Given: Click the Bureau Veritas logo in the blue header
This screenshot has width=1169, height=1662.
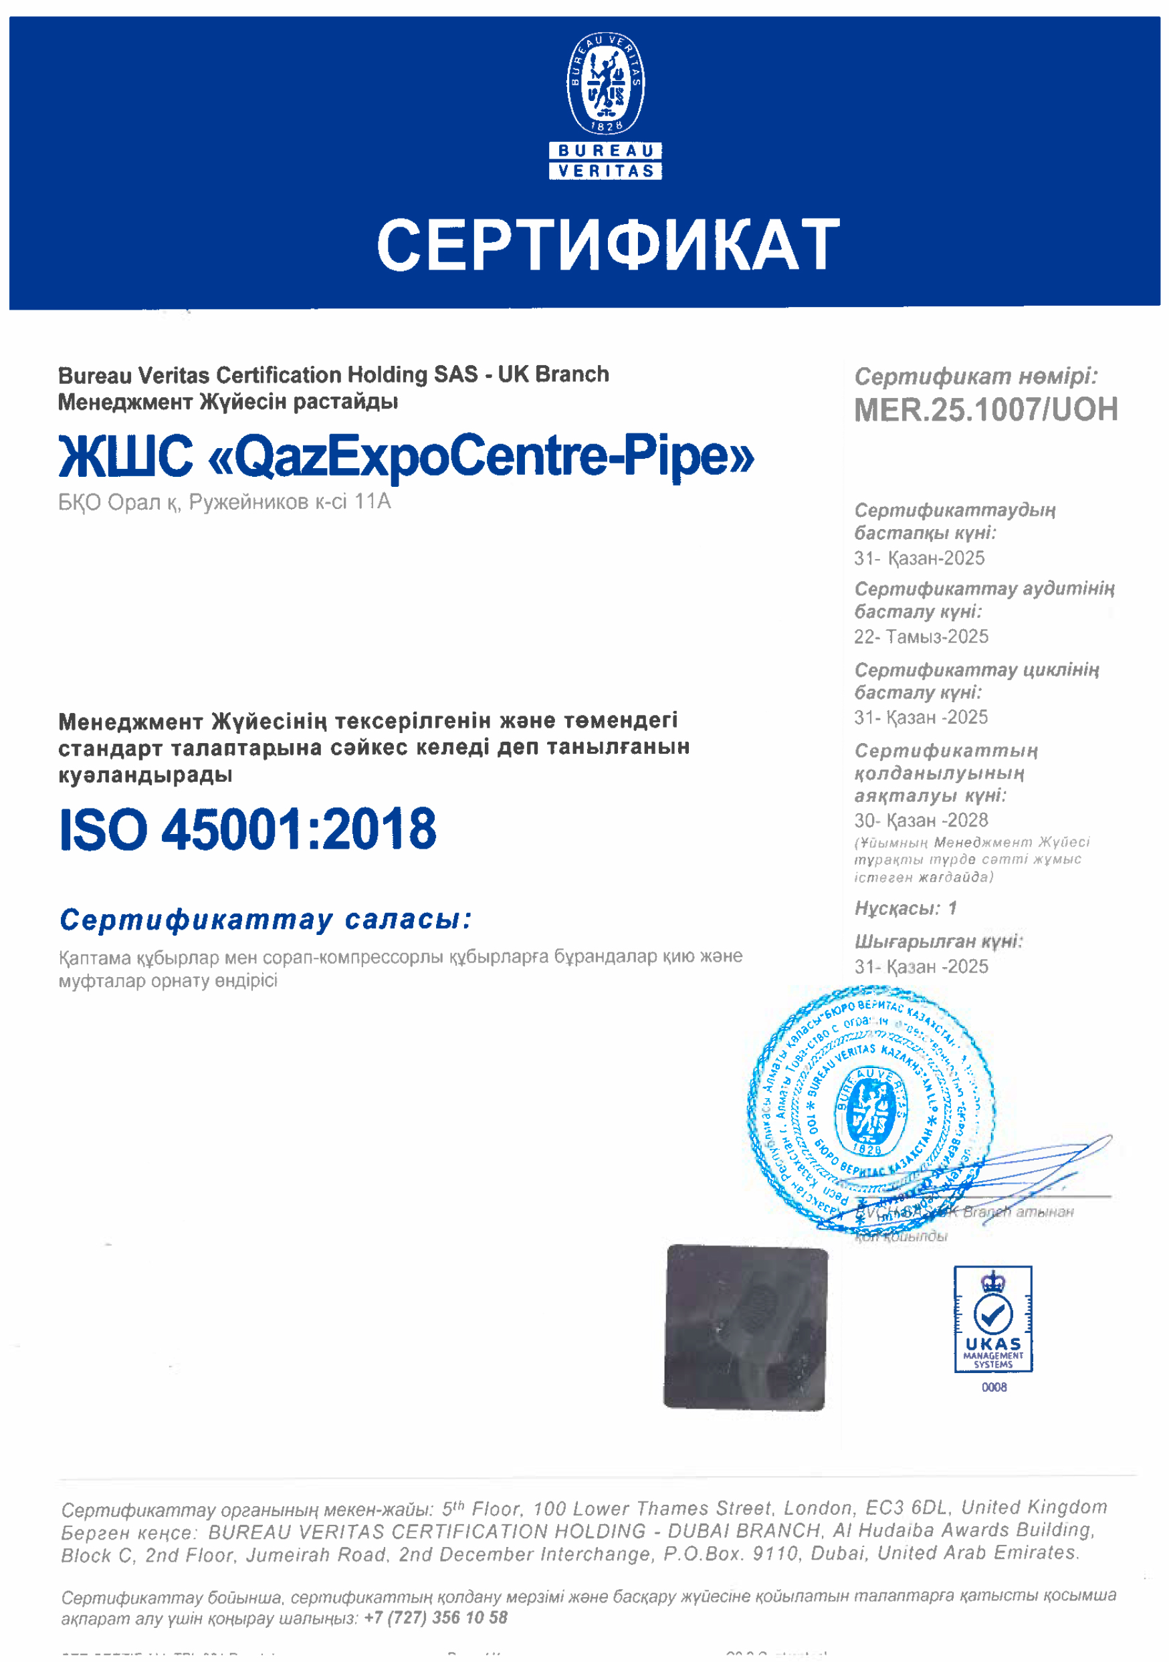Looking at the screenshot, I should point(605,105).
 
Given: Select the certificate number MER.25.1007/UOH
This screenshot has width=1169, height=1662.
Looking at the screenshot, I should point(985,410).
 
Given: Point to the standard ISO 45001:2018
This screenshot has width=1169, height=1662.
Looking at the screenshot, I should point(247,829).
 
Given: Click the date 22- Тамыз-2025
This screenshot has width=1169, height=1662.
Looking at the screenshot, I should point(921,637).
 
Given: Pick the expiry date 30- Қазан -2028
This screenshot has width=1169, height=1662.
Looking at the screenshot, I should point(921,820).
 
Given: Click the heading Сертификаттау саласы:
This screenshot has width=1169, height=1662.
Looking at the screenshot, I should point(265,920).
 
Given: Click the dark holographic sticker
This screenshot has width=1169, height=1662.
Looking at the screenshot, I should point(745,1328).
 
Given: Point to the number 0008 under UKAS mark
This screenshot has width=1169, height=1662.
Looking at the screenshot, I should point(994,1387).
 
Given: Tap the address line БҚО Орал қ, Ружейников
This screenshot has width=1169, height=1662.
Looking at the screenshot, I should point(225,502).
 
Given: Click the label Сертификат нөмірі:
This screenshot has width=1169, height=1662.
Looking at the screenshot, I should point(976,377).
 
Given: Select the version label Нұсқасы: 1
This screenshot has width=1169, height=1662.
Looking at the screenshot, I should point(906,908).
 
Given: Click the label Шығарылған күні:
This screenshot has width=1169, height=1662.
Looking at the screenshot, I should point(938,941).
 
